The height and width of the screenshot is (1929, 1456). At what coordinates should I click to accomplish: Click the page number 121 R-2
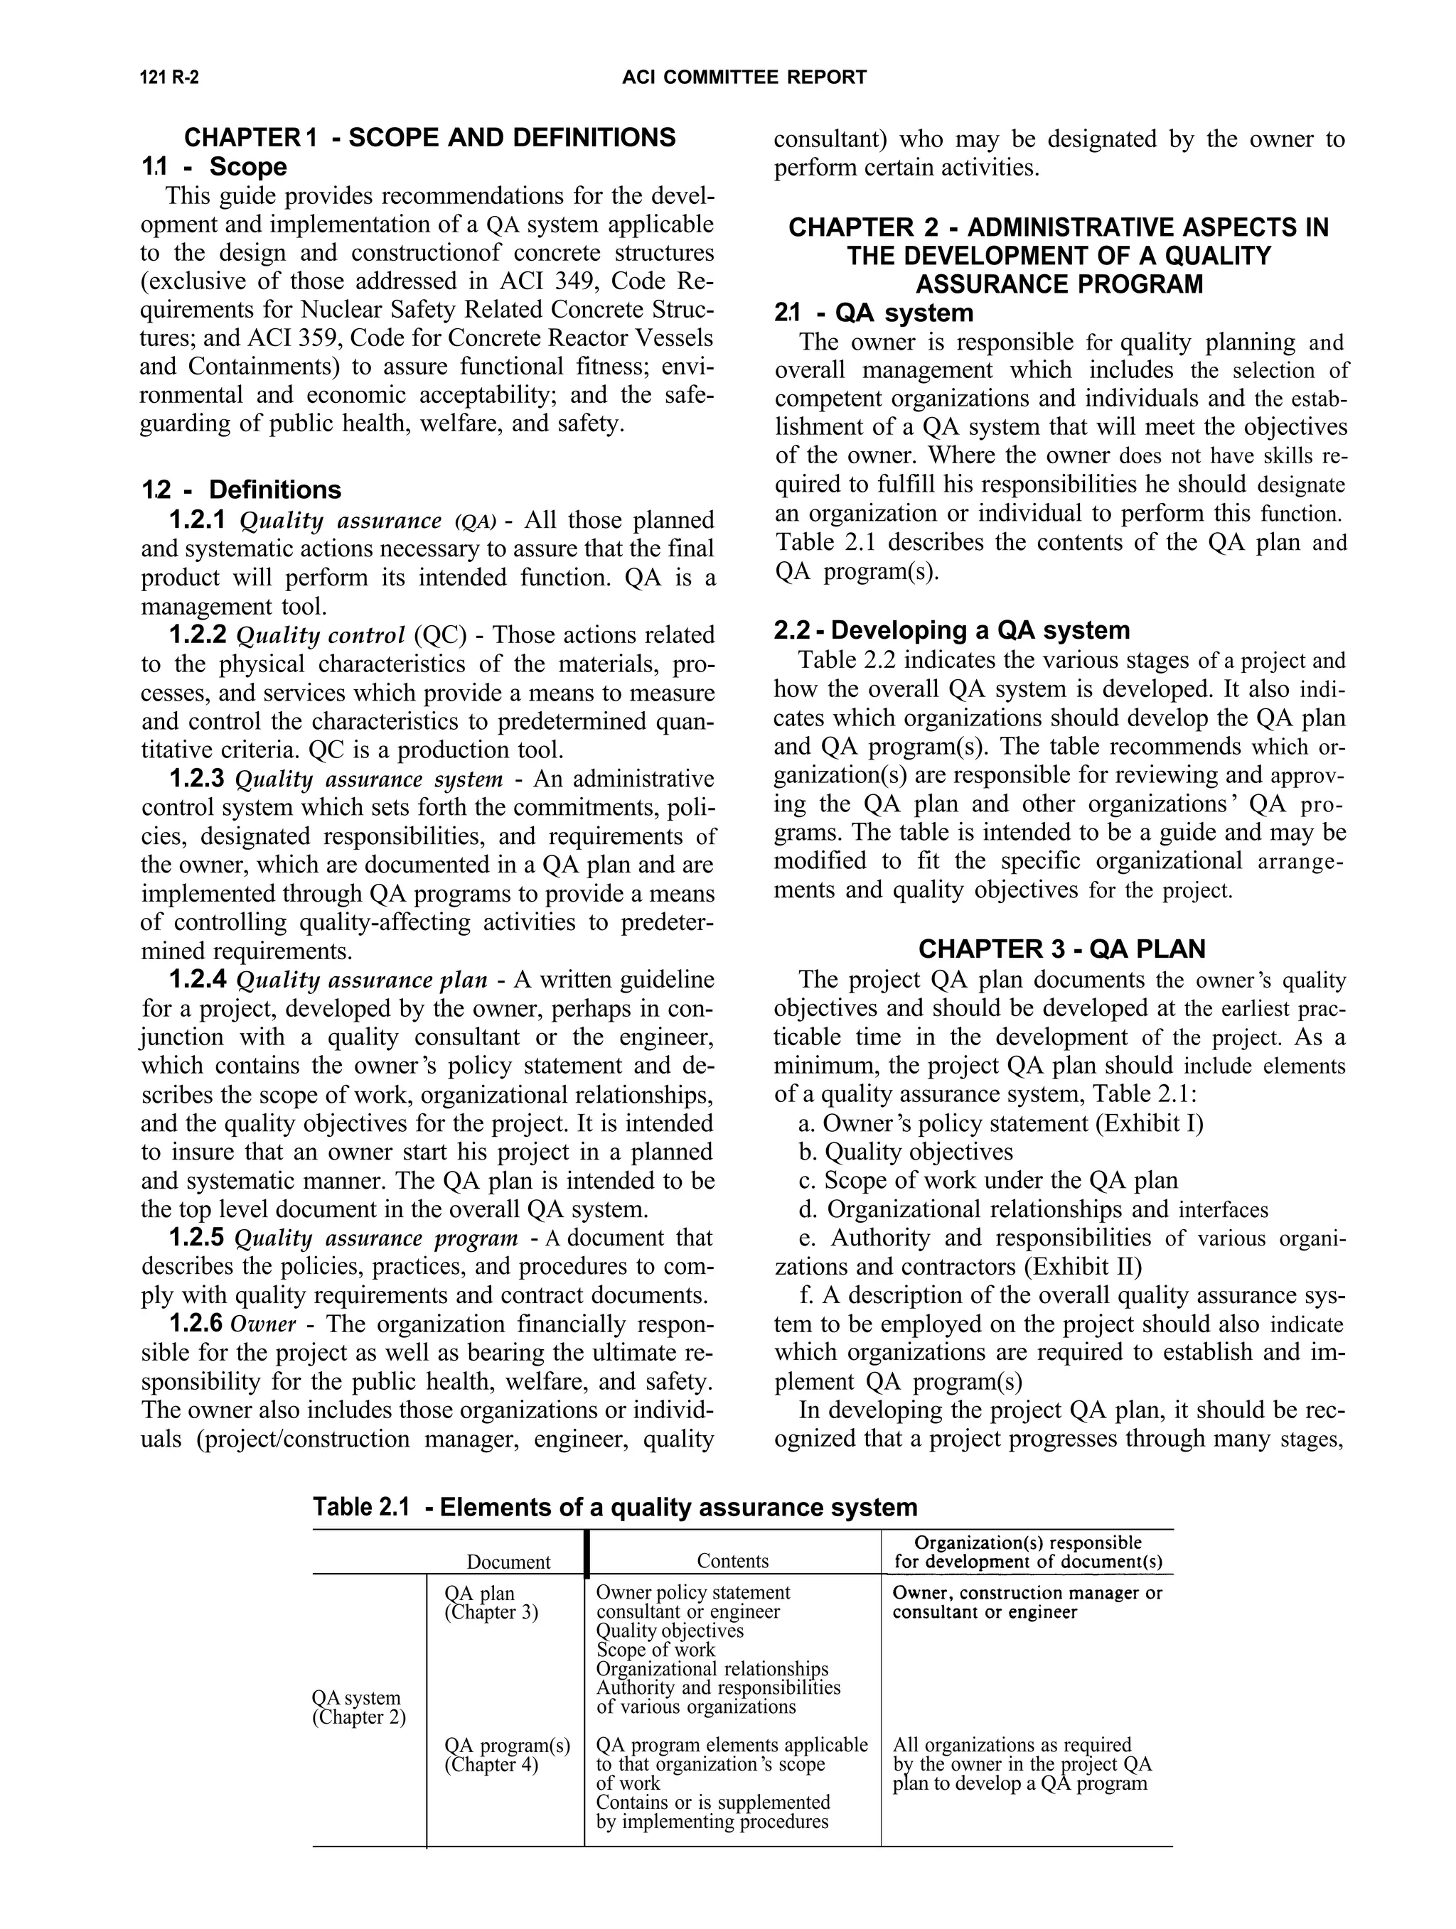point(169,77)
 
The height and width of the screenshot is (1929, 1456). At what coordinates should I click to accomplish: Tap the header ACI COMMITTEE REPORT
point(744,77)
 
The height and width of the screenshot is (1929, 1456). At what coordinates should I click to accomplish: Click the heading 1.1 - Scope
point(215,166)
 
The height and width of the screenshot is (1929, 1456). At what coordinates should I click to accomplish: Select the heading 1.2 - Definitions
point(242,490)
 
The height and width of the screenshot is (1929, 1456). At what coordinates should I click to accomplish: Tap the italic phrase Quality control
point(321,635)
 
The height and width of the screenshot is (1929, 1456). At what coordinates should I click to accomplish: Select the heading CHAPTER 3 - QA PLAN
point(1061,949)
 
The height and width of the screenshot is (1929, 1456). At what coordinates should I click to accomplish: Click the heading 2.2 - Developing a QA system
point(952,630)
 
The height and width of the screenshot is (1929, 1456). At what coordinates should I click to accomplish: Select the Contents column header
point(733,1561)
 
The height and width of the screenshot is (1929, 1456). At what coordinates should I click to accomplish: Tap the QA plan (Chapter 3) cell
point(491,1603)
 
